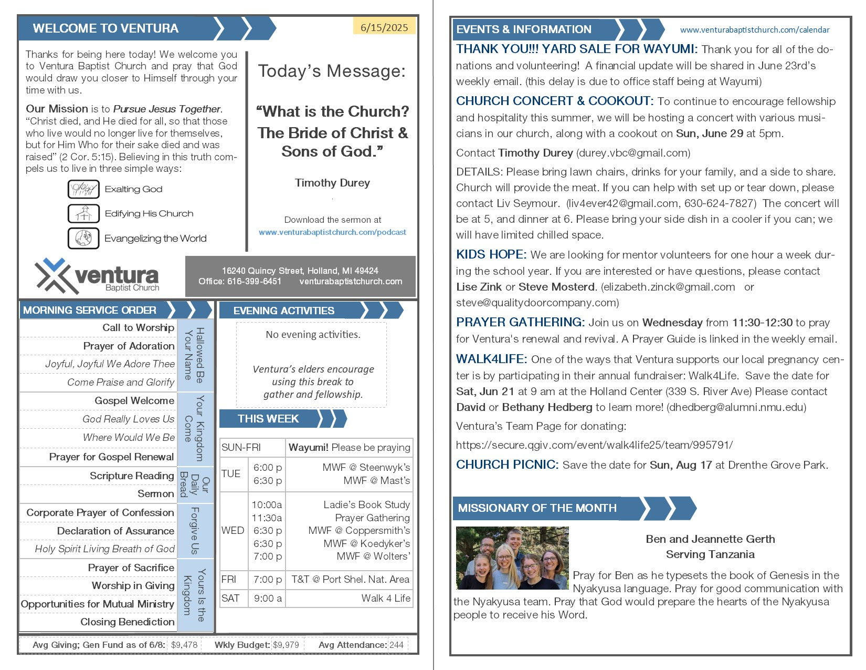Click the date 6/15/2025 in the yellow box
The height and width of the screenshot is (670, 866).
[384, 28]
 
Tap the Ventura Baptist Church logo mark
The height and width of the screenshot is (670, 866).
[52, 275]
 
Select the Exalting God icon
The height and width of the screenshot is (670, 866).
[83, 189]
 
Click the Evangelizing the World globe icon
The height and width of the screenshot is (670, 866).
[83, 238]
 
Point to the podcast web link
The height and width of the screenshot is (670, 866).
[332, 232]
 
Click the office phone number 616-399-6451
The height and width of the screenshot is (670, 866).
[254, 282]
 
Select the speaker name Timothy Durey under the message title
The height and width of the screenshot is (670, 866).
[332, 183]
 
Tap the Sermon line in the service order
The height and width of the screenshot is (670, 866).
[155, 494]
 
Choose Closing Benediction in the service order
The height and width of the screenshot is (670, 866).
[127, 622]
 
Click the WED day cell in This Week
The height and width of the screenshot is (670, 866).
[233, 531]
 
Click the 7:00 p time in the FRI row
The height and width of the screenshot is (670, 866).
[267, 580]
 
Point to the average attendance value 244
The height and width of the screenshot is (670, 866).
[397, 645]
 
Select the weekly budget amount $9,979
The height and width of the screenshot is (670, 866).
[287, 645]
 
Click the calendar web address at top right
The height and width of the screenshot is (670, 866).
[755, 30]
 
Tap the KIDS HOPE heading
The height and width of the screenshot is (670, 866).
[491, 255]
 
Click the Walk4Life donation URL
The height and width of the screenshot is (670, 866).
[594, 445]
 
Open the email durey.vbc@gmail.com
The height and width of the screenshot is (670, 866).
[633, 153]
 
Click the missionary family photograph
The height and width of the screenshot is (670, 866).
[512, 558]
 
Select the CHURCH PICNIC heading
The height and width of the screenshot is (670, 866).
[506, 465]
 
